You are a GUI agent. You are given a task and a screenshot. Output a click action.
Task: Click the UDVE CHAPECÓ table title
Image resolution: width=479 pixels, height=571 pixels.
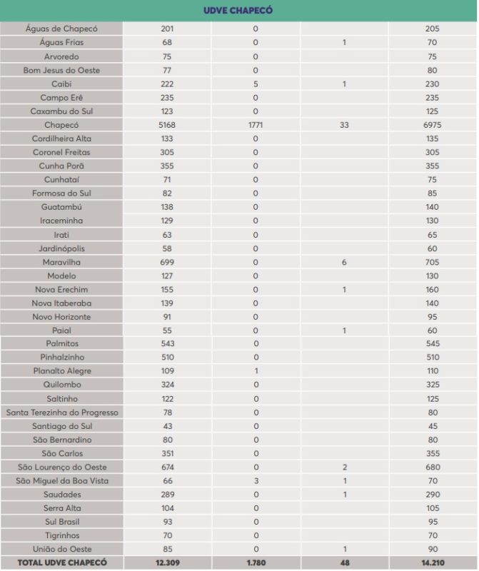pyautogui.click(x=238, y=11)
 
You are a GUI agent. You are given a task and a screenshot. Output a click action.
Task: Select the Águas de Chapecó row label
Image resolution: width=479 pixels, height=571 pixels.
pyautogui.click(x=61, y=29)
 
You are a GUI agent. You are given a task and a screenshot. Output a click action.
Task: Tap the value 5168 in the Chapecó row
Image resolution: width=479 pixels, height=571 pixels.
pyautogui.click(x=167, y=125)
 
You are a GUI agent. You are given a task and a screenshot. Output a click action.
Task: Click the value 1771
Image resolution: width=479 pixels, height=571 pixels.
pyautogui.click(x=256, y=125)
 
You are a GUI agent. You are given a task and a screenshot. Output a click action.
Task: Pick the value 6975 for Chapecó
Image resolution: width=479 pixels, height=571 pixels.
pyautogui.click(x=432, y=125)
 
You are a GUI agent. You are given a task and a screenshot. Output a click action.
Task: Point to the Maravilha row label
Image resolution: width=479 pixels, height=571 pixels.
pyautogui.click(x=61, y=262)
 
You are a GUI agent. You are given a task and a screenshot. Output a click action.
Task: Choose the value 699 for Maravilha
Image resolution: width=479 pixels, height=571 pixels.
pyautogui.click(x=167, y=262)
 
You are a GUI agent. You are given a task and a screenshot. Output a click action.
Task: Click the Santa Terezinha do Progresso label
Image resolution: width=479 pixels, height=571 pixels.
pyautogui.click(x=62, y=413)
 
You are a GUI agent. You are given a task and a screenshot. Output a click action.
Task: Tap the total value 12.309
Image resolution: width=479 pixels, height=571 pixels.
pyautogui.click(x=167, y=563)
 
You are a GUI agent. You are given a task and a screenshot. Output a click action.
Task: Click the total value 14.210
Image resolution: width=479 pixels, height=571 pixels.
pyautogui.click(x=432, y=563)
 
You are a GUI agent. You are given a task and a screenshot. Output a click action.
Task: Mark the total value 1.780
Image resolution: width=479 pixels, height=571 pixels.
pyautogui.click(x=256, y=563)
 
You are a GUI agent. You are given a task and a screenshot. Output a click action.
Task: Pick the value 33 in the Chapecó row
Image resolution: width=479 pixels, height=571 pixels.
pyautogui.click(x=344, y=125)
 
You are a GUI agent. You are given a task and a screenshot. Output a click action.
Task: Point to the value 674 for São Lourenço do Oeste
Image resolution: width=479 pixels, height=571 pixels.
pyautogui.click(x=167, y=467)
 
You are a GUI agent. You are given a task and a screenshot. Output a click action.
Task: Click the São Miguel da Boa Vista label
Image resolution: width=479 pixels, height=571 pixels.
pyautogui.click(x=62, y=481)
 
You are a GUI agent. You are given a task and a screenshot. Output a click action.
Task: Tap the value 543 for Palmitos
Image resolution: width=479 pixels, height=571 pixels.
pyautogui.click(x=167, y=344)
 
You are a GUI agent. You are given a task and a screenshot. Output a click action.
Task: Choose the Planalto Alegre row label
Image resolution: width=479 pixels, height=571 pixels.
pyautogui.click(x=62, y=371)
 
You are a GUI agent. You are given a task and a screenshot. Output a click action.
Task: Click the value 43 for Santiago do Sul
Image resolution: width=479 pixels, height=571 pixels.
pyautogui.click(x=167, y=426)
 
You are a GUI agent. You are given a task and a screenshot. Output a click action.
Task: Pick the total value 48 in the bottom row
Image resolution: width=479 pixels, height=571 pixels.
pyautogui.click(x=344, y=563)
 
